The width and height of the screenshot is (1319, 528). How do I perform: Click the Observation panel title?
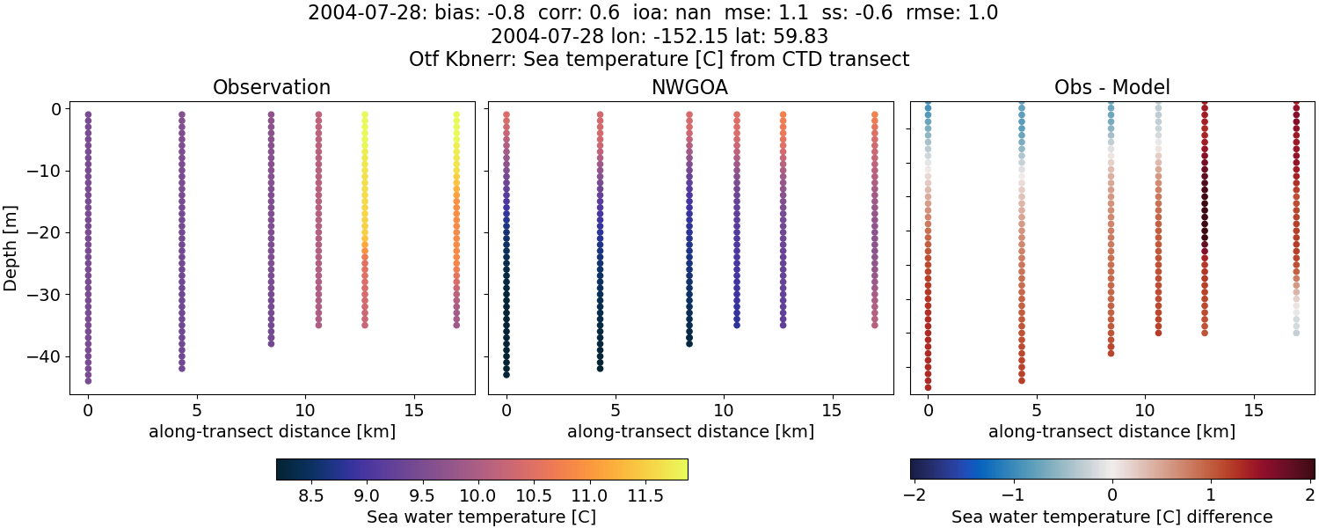pyautogui.click(x=272, y=88)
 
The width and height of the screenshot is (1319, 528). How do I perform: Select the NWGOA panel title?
pyautogui.click(x=690, y=88)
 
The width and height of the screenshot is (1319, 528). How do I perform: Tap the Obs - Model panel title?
pyautogui.click(x=1111, y=88)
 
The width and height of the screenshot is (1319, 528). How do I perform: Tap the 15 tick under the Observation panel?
pyautogui.click(x=413, y=410)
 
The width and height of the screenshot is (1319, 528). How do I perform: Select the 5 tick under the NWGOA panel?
pyautogui.click(x=616, y=410)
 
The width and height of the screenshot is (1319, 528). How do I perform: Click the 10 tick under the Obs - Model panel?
pyautogui.click(x=1145, y=410)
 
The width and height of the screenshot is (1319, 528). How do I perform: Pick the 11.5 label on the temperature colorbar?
pyautogui.click(x=645, y=495)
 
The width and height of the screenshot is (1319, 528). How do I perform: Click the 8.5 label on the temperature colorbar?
pyautogui.click(x=310, y=495)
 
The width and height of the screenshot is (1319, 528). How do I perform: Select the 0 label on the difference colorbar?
pyautogui.click(x=1112, y=495)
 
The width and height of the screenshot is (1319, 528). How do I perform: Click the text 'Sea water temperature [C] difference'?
pyautogui.click(x=1111, y=517)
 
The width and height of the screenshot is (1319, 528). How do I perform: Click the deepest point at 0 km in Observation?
pyautogui.click(x=88, y=381)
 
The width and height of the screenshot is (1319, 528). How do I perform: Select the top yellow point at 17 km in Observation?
pyautogui.click(x=456, y=114)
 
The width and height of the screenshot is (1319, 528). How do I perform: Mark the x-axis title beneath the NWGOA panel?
pyautogui.click(x=690, y=432)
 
